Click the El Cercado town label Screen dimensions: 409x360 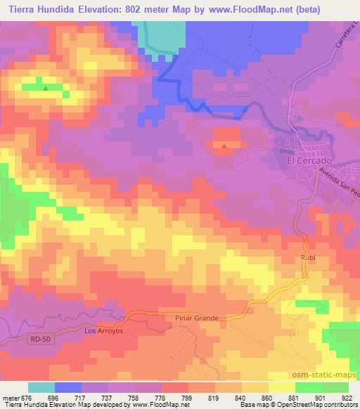click(309, 160)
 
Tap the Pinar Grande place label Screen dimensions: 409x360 click(196, 318)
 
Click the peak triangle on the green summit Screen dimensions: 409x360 click(46, 88)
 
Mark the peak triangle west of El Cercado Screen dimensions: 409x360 click(224, 146)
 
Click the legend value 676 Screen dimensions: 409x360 click(28, 397)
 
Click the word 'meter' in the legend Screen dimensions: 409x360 click(11, 397)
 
